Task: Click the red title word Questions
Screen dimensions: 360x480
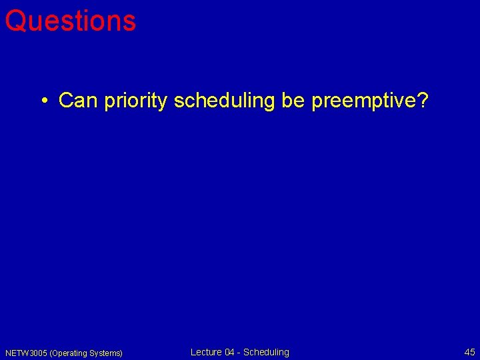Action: point(70,21)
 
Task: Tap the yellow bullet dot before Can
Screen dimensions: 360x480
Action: point(43,101)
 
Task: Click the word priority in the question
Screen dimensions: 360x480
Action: point(136,101)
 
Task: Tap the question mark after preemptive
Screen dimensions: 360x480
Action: point(423,101)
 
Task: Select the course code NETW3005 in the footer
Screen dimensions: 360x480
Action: point(26,353)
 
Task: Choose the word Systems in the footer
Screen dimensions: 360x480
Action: point(105,353)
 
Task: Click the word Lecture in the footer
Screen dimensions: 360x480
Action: point(206,352)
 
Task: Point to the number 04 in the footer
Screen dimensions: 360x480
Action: point(230,352)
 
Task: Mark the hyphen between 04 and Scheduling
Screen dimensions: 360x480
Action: point(240,353)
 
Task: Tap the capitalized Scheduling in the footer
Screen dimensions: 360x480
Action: point(266,352)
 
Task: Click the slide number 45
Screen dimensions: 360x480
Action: point(469,352)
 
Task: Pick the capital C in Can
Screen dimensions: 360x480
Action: point(65,101)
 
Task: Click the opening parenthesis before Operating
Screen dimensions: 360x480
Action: point(51,353)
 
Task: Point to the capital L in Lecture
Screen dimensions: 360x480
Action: point(193,352)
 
